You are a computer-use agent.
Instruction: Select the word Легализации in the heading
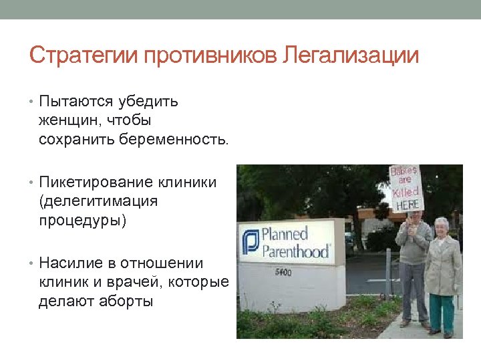(351, 55)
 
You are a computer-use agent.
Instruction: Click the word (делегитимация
(98, 201)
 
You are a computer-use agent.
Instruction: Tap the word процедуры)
(82, 221)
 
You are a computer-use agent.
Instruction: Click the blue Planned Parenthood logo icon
(251, 242)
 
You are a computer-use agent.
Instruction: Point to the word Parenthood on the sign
(295, 252)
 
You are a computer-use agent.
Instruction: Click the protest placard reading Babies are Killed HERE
(406, 189)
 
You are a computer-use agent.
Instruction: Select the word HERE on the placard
(408, 204)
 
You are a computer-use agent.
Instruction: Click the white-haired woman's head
(442, 226)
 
